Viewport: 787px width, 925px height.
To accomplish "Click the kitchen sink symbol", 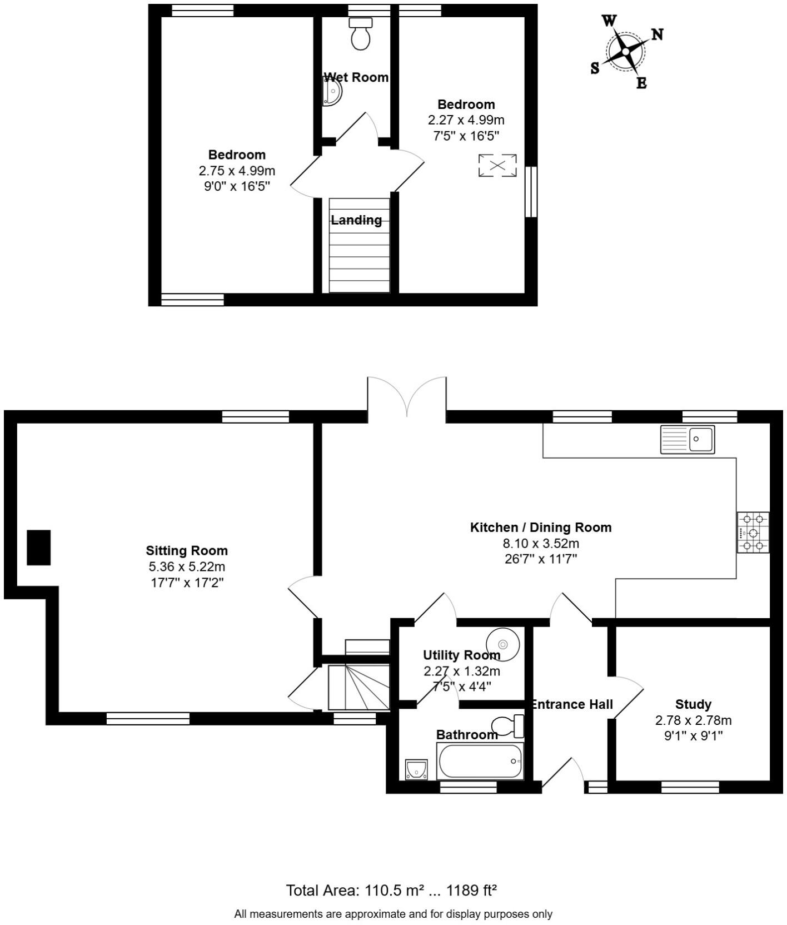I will [688, 440].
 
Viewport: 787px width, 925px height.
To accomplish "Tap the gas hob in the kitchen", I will [753, 533].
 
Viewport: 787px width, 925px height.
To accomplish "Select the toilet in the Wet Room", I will [361, 34].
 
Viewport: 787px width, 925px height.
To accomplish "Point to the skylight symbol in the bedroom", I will [497, 166].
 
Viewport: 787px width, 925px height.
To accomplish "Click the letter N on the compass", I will [657, 34].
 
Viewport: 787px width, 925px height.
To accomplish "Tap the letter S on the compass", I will [595, 68].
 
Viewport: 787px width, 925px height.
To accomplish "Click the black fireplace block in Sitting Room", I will [39, 548].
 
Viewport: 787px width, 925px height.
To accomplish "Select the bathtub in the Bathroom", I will [480, 761].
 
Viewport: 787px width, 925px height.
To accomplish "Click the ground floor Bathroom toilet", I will [507, 725].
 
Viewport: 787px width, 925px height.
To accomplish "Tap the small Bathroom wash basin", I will [416, 769].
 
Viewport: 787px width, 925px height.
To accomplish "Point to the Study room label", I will [693, 704].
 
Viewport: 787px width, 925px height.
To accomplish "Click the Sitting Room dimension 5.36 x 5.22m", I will [187, 566].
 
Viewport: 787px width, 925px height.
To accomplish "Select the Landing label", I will [356, 220].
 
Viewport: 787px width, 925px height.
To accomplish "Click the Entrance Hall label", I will [572, 704].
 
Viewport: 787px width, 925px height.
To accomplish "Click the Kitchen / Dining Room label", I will [540, 527].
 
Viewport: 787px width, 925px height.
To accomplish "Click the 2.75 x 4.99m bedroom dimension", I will [237, 170].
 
